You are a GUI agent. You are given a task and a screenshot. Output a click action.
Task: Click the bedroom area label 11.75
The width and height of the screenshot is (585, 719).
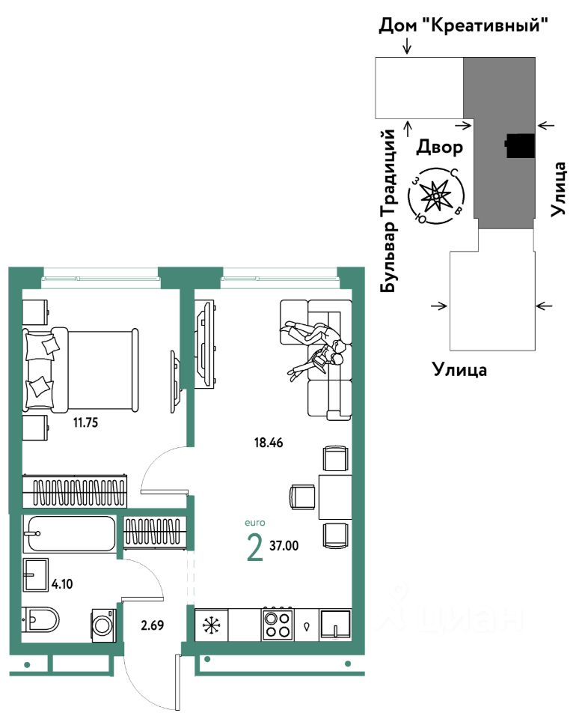[85, 422]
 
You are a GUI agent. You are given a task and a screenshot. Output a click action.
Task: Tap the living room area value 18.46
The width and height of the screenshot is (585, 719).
[269, 443]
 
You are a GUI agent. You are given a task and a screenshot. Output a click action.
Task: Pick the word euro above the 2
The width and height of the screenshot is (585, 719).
[254, 523]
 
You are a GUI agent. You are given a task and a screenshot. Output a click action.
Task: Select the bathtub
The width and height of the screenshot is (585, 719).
[70, 534]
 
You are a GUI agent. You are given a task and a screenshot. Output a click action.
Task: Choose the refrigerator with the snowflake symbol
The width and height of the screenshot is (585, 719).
[210, 623]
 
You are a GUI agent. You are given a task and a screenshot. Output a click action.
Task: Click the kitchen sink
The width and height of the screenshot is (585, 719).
[335, 623]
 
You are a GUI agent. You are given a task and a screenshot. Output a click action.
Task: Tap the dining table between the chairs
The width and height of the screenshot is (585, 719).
[334, 497]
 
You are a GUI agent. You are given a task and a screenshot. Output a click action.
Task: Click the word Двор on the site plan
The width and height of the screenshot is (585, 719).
[440, 147]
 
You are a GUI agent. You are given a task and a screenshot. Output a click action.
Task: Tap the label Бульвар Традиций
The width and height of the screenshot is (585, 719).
[388, 210]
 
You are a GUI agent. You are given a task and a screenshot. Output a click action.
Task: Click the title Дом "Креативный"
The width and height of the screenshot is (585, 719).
[464, 26]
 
